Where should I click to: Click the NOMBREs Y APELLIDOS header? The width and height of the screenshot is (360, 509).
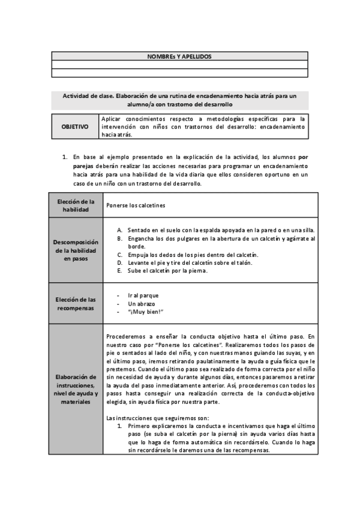pyautogui.click(x=179, y=56)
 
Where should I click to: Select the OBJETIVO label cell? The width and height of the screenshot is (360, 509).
pyautogui.click(x=75, y=127)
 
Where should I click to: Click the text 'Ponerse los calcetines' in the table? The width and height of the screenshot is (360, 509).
pyautogui.click(x=136, y=205)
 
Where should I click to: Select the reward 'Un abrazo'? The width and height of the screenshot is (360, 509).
pyautogui.click(x=141, y=303)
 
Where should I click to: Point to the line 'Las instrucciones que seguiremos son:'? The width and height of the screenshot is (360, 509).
pyautogui.click(x=157, y=418)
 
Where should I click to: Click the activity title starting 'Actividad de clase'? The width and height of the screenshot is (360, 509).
pyautogui.click(x=179, y=100)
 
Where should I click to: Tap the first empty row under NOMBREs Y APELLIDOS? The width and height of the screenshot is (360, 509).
pyautogui.click(x=179, y=64)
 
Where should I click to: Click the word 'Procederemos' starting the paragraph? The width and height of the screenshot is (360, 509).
pyautogui.click(x=124, y=337)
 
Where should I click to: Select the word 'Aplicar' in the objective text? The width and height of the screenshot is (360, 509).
pyautogui.click(x=113, y=119)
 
